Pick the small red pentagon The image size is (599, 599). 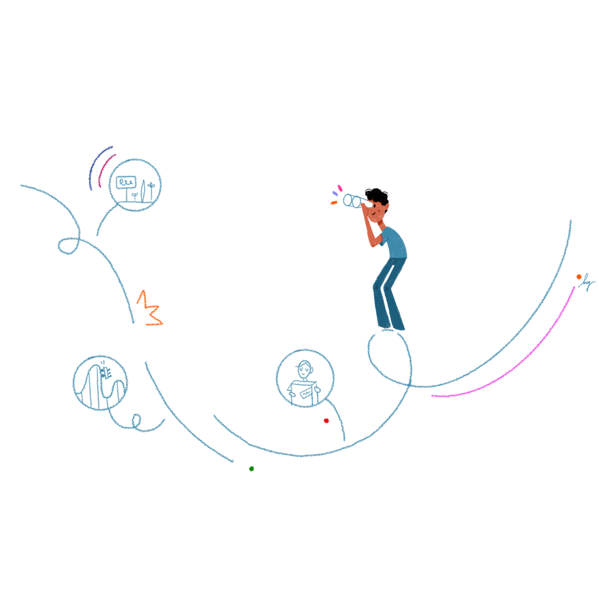tap(322, 424)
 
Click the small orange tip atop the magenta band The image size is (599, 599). tap(576, 270)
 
